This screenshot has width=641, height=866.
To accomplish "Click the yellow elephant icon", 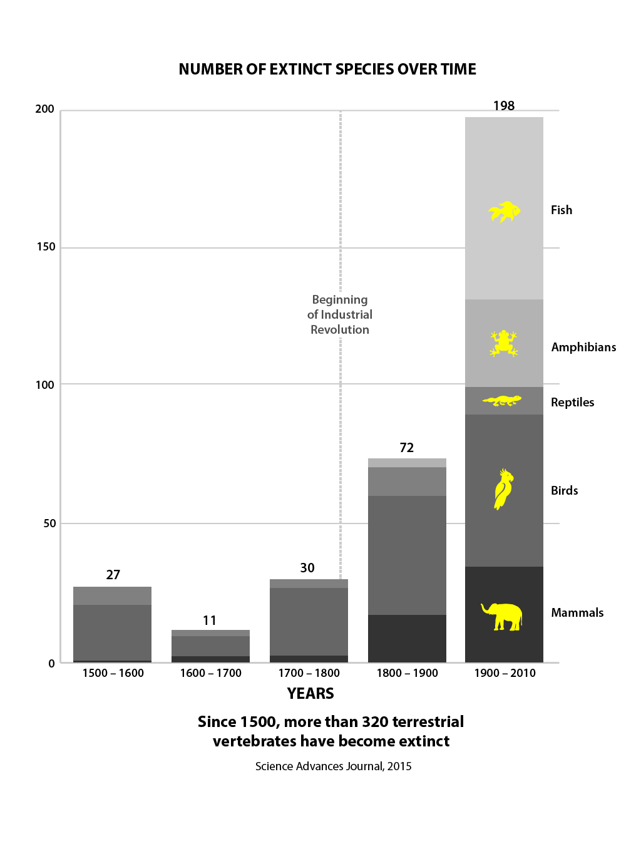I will point(502,616).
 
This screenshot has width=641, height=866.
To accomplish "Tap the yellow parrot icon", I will point(503,489).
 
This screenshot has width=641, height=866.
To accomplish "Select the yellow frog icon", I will point(503,343).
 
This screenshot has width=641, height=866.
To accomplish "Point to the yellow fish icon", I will point(505,212).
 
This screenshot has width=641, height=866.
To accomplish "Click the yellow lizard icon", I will point(502,401).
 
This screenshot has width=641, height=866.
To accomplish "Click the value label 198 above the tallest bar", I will point(504,106).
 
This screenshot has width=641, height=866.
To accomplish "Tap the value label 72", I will point(407,448).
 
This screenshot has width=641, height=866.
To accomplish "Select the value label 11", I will point(210,621).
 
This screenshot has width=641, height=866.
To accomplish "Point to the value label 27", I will point(113,575).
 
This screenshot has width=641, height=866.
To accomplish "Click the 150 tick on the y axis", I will point(46,247).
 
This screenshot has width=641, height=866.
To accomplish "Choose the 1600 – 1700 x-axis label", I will point(211,673).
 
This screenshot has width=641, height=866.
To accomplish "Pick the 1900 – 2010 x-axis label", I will point(505,673).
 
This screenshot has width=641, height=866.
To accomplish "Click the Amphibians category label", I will point(583,348).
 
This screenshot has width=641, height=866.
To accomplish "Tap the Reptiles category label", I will point(572,403).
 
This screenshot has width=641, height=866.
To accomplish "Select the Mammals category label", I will point(577,613).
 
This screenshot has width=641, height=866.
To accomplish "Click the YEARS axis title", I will point(310,694).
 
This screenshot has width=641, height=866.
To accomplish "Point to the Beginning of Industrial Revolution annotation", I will point(340,314).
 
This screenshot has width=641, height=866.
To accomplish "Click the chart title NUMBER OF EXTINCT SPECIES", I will point(327,70).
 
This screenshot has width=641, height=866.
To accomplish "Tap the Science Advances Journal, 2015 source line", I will point(334,766).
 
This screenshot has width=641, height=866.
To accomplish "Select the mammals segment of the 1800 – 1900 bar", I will point(407,638).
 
